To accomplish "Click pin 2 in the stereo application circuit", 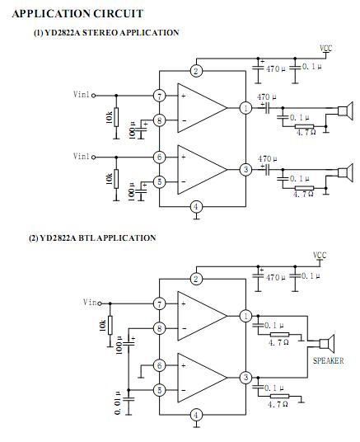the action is [x=196, y=71].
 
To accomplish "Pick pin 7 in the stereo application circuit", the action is [x=160, y=96].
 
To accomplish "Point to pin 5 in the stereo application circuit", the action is [x=160, y=181].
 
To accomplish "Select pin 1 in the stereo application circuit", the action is [x=245, y=108].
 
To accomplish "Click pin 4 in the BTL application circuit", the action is [x=196, y=415].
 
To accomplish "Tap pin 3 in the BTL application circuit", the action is [x=245, y=378].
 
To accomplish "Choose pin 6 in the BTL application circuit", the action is [x=160, y=365].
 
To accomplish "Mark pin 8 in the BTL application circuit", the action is [x=160, y=328].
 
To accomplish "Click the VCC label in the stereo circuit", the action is [x=326, y=48].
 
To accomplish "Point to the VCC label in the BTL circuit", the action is [x=320, y=255].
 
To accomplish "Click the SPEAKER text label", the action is [x=329, y=360].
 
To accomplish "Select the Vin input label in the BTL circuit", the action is [x=90, y=302].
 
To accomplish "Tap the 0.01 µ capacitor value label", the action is [x=118, y=402].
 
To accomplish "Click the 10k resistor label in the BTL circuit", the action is [x=102, y=325].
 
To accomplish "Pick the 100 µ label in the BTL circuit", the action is [x=119, y=345].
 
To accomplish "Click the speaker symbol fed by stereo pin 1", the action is [x=345, y=111].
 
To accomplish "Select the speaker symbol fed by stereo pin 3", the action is [x=345, y=172].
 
